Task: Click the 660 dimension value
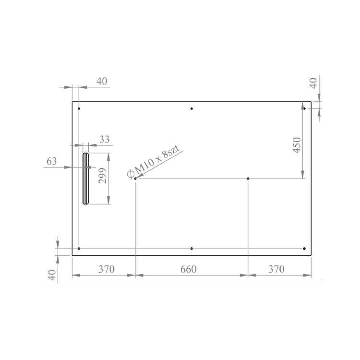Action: pyautogui.click(x=188, y=269)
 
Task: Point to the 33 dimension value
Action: pyautogui.click(x=104, y=140)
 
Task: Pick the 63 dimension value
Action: pyautogui.click(x=51, y=161)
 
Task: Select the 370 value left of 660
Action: pyautogui.click(x=106, y=269)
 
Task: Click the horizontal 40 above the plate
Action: pyautogui.click(x=101, y=81)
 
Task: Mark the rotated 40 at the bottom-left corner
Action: pyautogui.click(x=52, y=275)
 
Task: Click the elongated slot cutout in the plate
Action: pyautogui.click(x=86, y=179)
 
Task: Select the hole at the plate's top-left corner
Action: pyautogui.click(x=79, y=108)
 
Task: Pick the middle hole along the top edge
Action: pyautogui.click(x=192, y=108)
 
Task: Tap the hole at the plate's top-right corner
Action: pyautogui.click(x=304, y=108)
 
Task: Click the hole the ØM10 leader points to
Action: pyautogui.click(x=135, y=179)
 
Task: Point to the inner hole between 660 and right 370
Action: pyautogui.click(x=248, y=179)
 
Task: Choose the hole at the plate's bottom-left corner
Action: pyautogui.click(x=79, y=249)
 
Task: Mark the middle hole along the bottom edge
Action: pyautogui.click(x=192, y=249)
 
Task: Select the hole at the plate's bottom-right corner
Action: pyautogui.click(x=304, y=249)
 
